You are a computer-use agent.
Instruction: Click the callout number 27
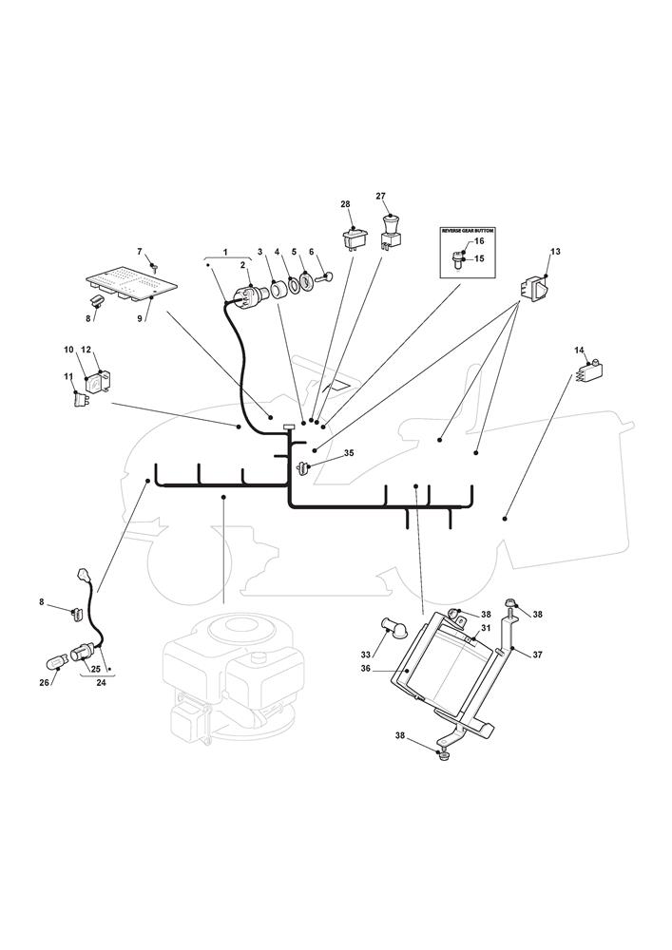coord(381,196)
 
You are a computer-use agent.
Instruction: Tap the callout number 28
coord(345,204)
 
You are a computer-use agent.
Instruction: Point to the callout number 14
coord(578,351)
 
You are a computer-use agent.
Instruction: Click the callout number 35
coord(349,453)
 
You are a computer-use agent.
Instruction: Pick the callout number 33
coord(366,654)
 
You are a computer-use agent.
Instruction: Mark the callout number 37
coord(537,655)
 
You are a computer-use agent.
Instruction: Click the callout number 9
coord(140,318)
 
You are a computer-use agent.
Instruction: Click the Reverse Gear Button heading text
coord(473,231)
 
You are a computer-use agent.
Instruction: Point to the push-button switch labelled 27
coord(388,231)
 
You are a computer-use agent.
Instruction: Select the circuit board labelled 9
coord(131,281)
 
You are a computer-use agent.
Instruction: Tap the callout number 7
coord(140,251)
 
